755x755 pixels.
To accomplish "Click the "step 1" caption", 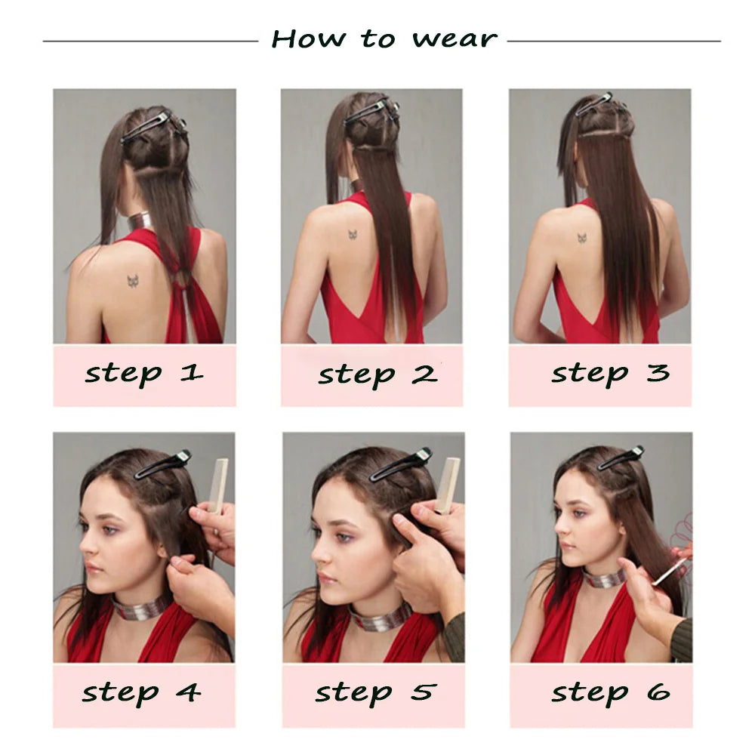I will pos(143,373).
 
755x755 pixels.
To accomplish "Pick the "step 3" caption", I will pos(610,373).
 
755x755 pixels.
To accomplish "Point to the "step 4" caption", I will pos(142,692).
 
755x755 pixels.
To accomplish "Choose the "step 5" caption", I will pos(375,692).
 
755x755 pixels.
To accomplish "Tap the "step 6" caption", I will pos(610,692).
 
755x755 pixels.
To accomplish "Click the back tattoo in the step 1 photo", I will pos(135,281).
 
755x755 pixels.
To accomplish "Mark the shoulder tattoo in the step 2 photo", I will pos(353,235).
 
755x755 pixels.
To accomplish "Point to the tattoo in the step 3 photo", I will pos(583,238).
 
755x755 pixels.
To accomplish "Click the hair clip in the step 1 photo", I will pos(146,126).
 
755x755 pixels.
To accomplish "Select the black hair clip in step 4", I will pos(162,464).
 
